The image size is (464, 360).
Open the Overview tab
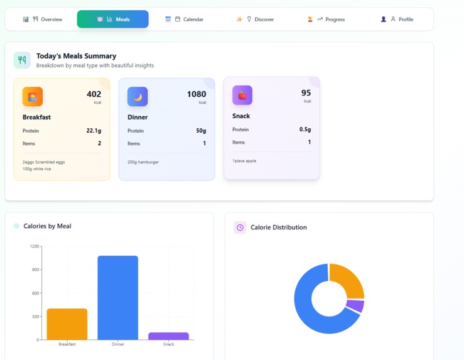coord(43,19)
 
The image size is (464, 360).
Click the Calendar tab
coord(185,19)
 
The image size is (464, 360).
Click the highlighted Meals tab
coord(113,19)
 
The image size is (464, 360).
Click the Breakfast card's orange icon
coord(33,97)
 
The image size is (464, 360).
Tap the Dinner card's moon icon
coord(138,97)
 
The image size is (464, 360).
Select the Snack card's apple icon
coord(242,95)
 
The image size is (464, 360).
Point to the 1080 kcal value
coord(197,94)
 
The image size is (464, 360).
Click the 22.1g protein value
coord(94,131)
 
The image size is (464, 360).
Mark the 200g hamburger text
coord(143,162)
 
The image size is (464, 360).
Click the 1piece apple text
coord(244,161)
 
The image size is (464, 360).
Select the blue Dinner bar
coord(117,298)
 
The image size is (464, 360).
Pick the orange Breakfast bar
coord(67,324)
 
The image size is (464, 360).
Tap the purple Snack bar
coord(168,336)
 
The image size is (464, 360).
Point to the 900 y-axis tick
coord(35,270)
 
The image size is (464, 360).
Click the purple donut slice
coord(356,306)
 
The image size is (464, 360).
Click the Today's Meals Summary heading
coord(76,56)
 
